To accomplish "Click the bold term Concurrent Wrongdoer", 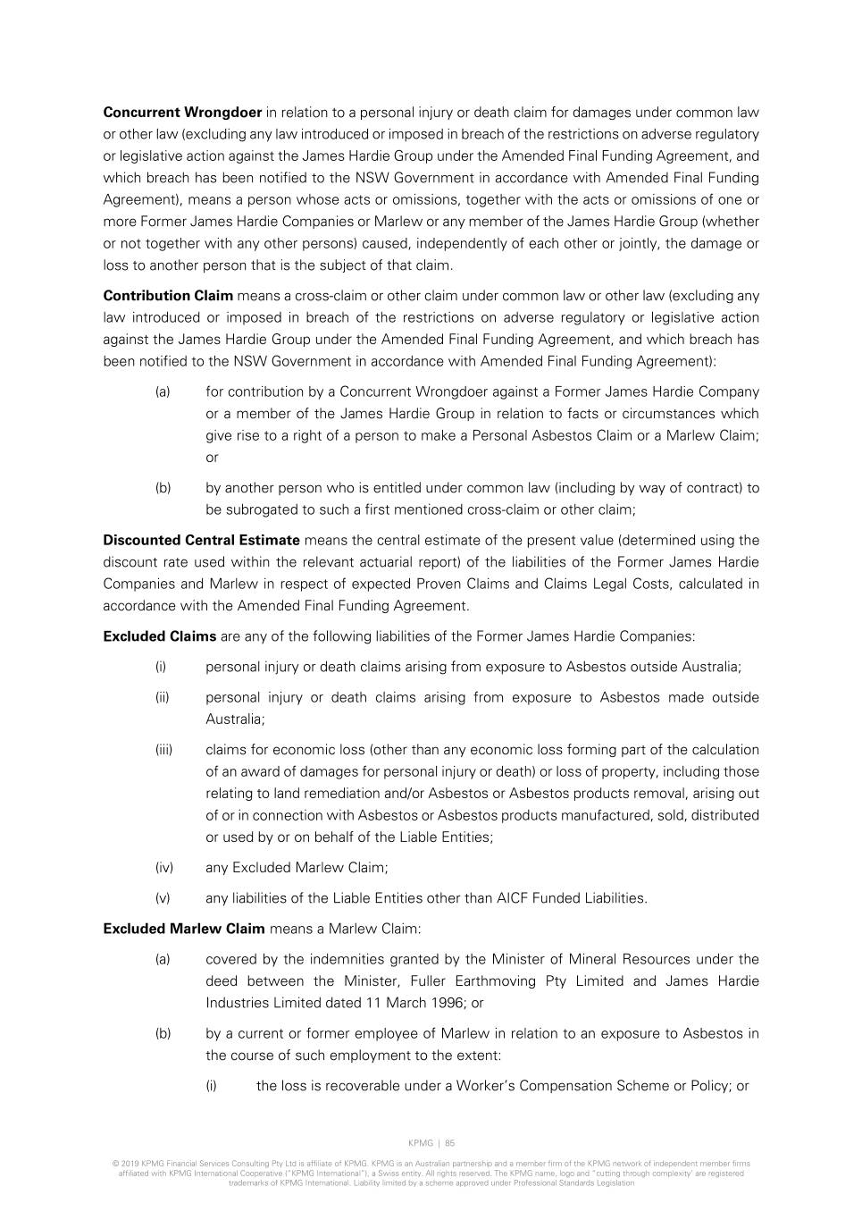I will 182,113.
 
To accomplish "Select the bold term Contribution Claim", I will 168,296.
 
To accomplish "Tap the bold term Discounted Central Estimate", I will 201,540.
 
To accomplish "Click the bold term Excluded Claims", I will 159,636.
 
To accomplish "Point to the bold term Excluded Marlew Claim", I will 184,929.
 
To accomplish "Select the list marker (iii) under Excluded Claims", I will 163,750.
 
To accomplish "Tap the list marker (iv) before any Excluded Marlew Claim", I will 163,867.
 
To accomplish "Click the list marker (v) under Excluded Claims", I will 163,898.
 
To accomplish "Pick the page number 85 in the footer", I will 450,1143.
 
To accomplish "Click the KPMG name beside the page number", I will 421,1143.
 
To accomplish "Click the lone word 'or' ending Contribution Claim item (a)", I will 212,458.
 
